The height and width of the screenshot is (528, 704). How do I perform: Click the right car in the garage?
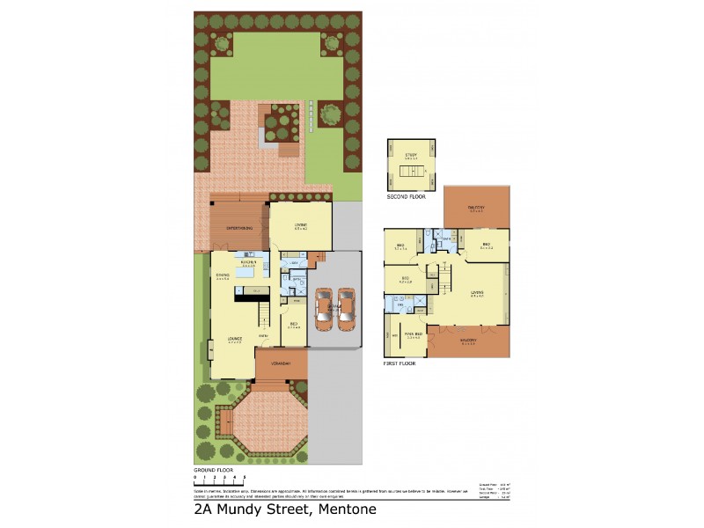pos(345,310)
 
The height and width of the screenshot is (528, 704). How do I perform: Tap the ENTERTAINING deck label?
pos(239,228)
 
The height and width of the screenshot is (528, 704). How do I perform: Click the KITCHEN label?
pos(248,261)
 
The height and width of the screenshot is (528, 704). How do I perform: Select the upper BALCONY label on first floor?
pos(477,209)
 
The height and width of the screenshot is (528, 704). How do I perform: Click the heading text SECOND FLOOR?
pos(406,197)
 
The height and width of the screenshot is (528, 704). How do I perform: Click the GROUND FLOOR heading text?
pos(214,471)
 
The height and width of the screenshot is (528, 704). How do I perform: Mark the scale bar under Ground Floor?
pos(219,482)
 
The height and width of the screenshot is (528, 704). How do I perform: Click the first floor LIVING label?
pos(477,294)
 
